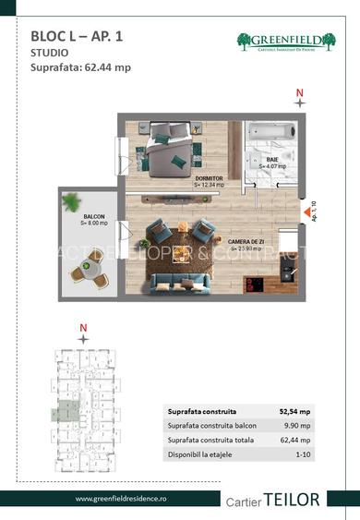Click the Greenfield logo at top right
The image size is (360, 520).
tap(286, 42)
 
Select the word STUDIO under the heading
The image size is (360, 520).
tap(49, 54)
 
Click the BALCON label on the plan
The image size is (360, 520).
tap(93, 219)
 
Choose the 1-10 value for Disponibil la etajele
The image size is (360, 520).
tap(302, 453)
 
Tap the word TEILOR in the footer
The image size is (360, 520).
tap(293, 499)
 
